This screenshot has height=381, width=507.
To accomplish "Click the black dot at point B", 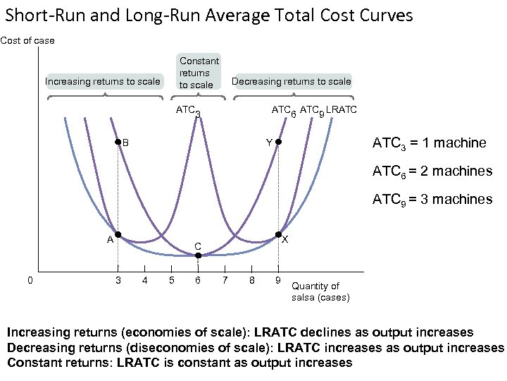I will click(118, 143).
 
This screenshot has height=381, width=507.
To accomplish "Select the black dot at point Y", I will click(278, 143).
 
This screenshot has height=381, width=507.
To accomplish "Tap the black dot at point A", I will click(118, 234).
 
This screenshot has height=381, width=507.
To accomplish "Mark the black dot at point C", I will click(198, 255).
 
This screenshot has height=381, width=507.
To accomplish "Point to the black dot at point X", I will click(278, 234).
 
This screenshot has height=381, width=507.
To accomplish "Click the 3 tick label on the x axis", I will click(118, 281).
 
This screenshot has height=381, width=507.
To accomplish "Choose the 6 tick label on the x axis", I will click(198, 281).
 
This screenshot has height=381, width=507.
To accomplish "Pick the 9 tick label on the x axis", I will click(278, 281).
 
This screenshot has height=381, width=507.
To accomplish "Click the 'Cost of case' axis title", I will click(27, 40).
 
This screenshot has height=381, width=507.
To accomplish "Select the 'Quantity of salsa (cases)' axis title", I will click(320, 291).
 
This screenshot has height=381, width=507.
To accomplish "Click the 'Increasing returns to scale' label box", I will click(103, 81).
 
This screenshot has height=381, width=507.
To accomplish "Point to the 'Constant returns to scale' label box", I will click(199, 72).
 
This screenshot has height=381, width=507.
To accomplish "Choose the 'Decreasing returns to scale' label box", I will click(291, 81).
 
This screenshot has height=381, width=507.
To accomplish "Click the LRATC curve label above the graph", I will click(342, 109).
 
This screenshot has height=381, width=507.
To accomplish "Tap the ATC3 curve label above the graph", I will click(188, 111).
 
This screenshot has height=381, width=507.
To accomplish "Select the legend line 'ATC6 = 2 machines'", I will click(432, 171).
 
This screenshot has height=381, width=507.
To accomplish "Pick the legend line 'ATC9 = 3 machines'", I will click(432, 199).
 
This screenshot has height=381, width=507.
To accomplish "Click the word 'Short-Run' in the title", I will click(41, 15).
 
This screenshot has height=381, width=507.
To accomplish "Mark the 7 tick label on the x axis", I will click(225, 281).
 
